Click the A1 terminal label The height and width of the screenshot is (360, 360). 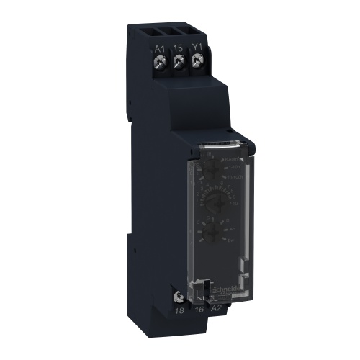[161, 50]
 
